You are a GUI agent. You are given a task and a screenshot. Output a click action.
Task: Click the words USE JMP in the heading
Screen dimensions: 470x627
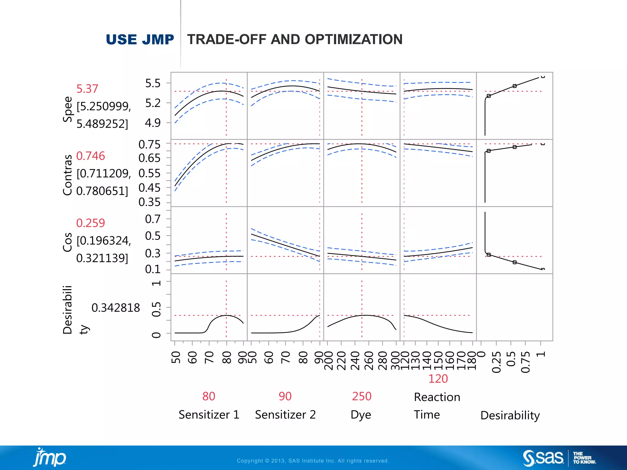coord(140,40)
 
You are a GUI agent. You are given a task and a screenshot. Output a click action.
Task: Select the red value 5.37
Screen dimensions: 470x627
coord(87,89)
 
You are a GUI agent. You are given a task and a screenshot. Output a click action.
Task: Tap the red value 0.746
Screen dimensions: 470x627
coord(91,156)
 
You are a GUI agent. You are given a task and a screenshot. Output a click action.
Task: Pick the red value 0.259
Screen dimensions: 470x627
coord(91,223)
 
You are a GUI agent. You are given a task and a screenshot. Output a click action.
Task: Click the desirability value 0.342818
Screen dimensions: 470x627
coord(115,308)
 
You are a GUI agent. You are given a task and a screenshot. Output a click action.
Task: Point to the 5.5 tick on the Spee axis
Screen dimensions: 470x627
coord(153,83)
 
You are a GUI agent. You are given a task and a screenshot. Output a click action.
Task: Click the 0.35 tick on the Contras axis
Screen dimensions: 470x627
coord(149,202)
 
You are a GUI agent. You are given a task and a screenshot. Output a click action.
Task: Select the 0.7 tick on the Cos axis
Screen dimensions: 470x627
coord(152,219)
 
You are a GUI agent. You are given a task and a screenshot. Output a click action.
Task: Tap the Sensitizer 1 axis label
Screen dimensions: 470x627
coord(209,415)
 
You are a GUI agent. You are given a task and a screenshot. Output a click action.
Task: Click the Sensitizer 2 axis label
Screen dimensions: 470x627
coord(285,415)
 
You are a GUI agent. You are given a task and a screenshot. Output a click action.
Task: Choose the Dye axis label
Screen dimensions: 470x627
coord(361,415)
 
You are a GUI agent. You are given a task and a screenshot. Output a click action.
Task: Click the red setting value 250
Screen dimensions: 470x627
coord(362,396)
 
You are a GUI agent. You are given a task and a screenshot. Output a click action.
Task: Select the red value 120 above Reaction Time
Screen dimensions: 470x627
coord(438,379)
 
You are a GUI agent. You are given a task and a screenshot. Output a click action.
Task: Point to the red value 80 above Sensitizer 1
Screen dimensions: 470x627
coord(209,396)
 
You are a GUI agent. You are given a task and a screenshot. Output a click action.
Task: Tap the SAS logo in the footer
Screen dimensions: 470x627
coord(543,458)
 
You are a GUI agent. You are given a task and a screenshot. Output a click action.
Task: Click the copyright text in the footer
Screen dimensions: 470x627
coord(313,461)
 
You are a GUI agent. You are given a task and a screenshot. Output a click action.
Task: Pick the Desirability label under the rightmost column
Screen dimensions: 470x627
coord(510,416)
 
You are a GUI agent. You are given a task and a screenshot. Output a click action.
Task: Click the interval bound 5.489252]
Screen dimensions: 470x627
coord(102,124)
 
